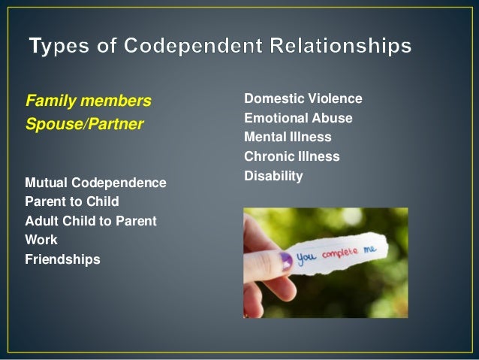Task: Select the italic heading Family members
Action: coord(88,100)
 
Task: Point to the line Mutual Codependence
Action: coord(95,183)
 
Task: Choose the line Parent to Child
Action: coord(71,202)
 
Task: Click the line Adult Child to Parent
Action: coord(90,222)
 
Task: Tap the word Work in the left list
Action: coord(41,241)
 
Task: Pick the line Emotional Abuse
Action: coord(298,118)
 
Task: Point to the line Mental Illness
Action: coord(288,138)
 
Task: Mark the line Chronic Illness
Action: coord(292,157)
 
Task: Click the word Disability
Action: coord(273,177)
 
